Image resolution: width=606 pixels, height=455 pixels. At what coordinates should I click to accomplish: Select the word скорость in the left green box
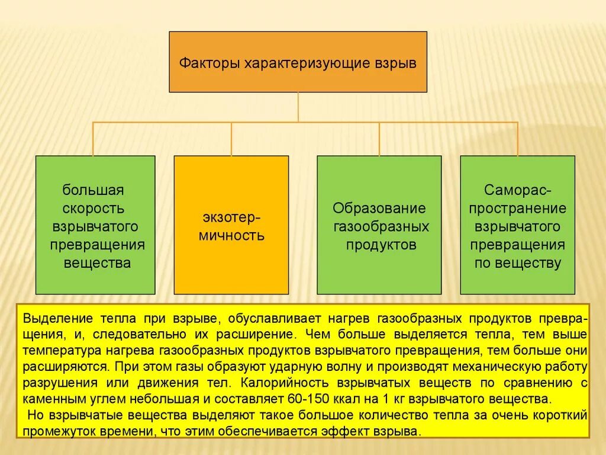(x=95, y=209)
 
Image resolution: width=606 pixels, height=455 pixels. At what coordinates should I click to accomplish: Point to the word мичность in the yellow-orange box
(x=231, y=235)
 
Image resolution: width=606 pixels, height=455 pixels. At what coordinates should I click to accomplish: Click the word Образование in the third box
(x=379, y=209)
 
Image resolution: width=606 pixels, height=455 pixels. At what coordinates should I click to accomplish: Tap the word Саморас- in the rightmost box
(x=518, y=191)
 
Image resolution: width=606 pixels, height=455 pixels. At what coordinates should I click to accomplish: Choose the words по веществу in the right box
(x=518, y=264)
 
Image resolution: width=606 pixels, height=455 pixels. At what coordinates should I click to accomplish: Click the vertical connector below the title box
(x=298, y=107)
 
